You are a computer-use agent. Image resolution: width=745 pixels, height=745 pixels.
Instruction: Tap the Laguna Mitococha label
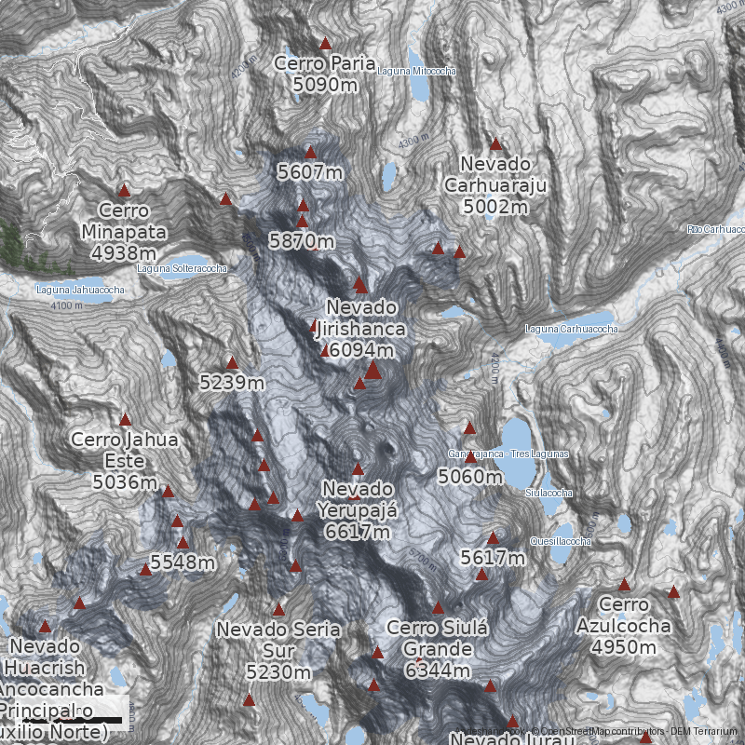[x=417, y=71]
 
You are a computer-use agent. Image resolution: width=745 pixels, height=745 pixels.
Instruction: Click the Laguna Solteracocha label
[x=182, y=269]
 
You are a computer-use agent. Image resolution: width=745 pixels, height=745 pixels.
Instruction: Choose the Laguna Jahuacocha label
[x=80, y=290]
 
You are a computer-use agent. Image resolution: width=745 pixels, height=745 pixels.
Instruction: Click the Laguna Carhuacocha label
[x=571, y=329]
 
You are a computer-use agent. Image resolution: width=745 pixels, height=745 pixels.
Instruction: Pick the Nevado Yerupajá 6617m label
[x=358, y=510]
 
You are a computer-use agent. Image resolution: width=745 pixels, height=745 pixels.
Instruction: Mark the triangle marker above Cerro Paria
[x=325, y=44]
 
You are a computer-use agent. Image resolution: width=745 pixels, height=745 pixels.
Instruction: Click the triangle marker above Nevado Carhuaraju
[x=495, y=144]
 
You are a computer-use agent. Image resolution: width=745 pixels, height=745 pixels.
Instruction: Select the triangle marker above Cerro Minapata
[x=124, y=190]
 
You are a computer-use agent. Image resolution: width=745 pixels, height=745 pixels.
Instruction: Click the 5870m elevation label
[x=301, y=240]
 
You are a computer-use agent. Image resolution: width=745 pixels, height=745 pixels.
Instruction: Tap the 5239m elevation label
[x=232, y=382]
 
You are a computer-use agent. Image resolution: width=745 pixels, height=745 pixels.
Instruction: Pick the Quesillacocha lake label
[x=560, y=542]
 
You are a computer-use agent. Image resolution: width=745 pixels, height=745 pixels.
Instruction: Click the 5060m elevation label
[x=470, y=478]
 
